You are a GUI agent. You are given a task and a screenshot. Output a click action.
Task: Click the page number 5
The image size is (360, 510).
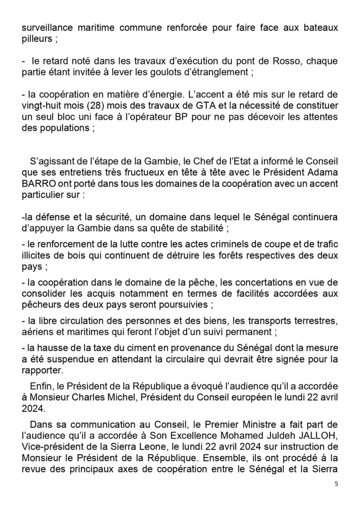point(336,484)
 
